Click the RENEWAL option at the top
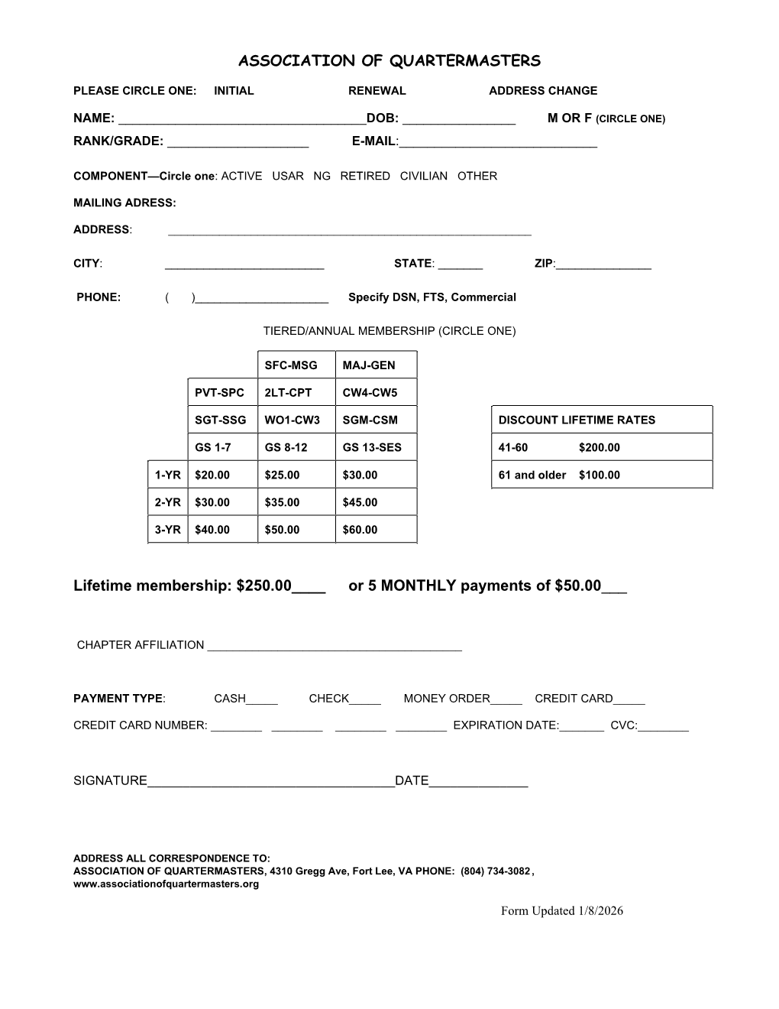[377, 91]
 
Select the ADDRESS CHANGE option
[543, 91]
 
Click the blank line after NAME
[243, 120]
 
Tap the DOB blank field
[458, 120]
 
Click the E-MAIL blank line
[498, 143]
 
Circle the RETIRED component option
[365, 176]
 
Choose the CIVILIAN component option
[424, 176]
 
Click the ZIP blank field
[603, 265]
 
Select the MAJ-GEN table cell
[369, 365]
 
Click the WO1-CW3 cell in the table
[292, 420]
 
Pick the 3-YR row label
[167, 530]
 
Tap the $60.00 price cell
[360, 530]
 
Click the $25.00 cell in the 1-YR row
[282, 475]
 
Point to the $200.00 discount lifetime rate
[600, 448]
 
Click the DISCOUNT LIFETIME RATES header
[577, 420]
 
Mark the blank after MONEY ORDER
[506, 700]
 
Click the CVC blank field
[663, 727]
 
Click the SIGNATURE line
[270, 782]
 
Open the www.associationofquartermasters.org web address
[166, 884]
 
